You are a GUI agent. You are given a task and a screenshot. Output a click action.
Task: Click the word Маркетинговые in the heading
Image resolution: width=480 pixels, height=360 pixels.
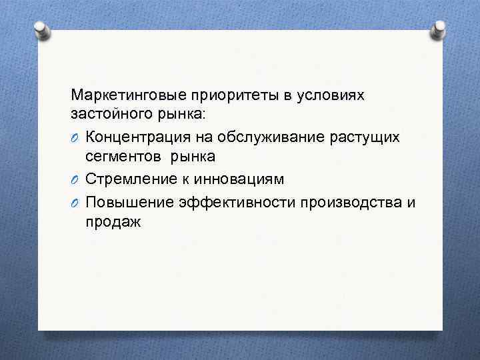pyautogui.click(x=123, y=95)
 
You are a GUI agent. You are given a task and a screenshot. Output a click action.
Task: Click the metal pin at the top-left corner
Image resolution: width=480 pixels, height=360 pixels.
pyautogui.click(x=41, y=29)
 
